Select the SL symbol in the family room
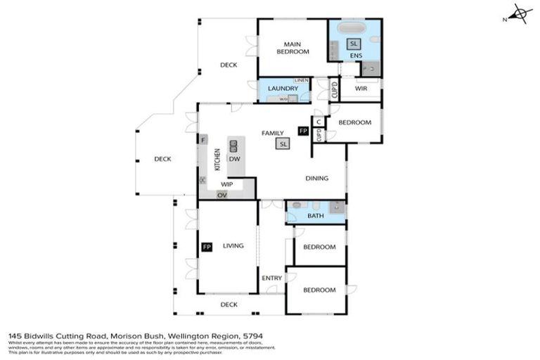(x=283, y=143)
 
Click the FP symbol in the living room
(x=207, y=247)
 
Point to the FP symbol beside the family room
(x=303, y=131)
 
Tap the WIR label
(x=361, y=89)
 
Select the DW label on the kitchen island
(x=234, y=159)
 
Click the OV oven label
(x=223, y=194)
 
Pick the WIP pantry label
(x=226, y=184)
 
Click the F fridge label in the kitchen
(x=203, y=140)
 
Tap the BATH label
(x=316, y=216)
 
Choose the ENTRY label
(x=271, y=278)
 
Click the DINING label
(x=316, y=178)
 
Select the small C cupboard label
(x=319, y=122)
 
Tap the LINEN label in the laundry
(x=302, y=81)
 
